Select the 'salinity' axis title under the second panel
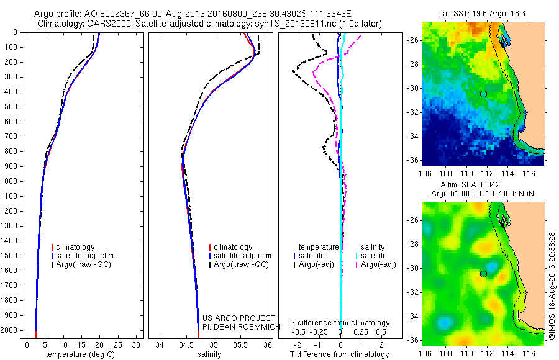[x=209, y=354]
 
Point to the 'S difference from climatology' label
[x=340, y=323]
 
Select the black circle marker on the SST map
[x=483, y=94]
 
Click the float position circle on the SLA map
[x=483, y=274]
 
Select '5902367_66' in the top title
[x=137, y=14]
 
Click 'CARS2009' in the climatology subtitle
[x=97, y=24]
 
